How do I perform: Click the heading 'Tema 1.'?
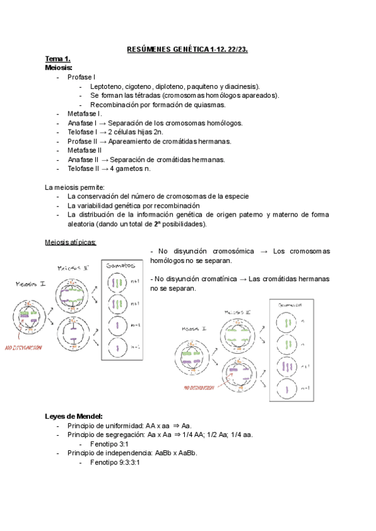pyautogui.click(x=57, y=58)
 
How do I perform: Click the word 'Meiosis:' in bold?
pyautogui.click(x=59, y=67)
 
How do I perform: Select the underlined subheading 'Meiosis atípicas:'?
pyautogui.click(x=70, y=242)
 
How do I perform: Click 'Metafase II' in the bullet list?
pyautogui.click(x=85, y=150)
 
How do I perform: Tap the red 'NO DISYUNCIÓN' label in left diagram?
pyautogui.click(x=23, y=347)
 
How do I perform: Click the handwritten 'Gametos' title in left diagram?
pyautogui.click(x=120, y=266)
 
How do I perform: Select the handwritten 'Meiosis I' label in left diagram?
pyautogui.click(x=31, y=284)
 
